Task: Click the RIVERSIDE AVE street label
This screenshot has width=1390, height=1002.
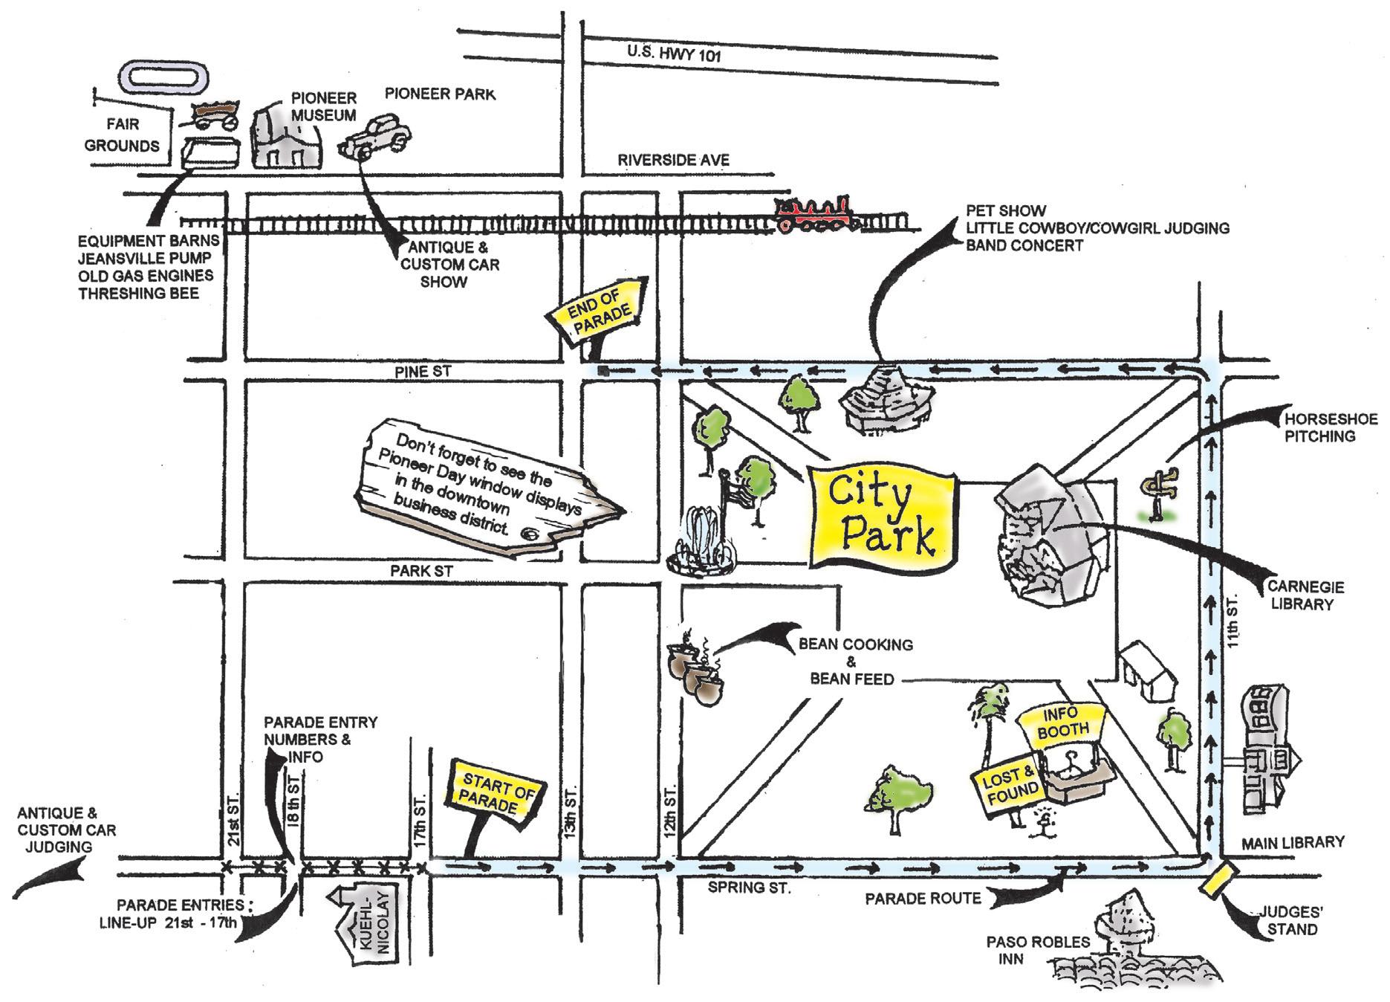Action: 673,160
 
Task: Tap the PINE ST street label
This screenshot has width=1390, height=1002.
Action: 423,372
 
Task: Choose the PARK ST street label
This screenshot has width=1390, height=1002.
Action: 421,571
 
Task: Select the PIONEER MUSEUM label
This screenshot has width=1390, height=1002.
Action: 323,106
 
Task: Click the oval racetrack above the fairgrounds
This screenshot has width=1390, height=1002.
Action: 163,77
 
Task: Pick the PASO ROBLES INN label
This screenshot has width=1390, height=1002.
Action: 1038,950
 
